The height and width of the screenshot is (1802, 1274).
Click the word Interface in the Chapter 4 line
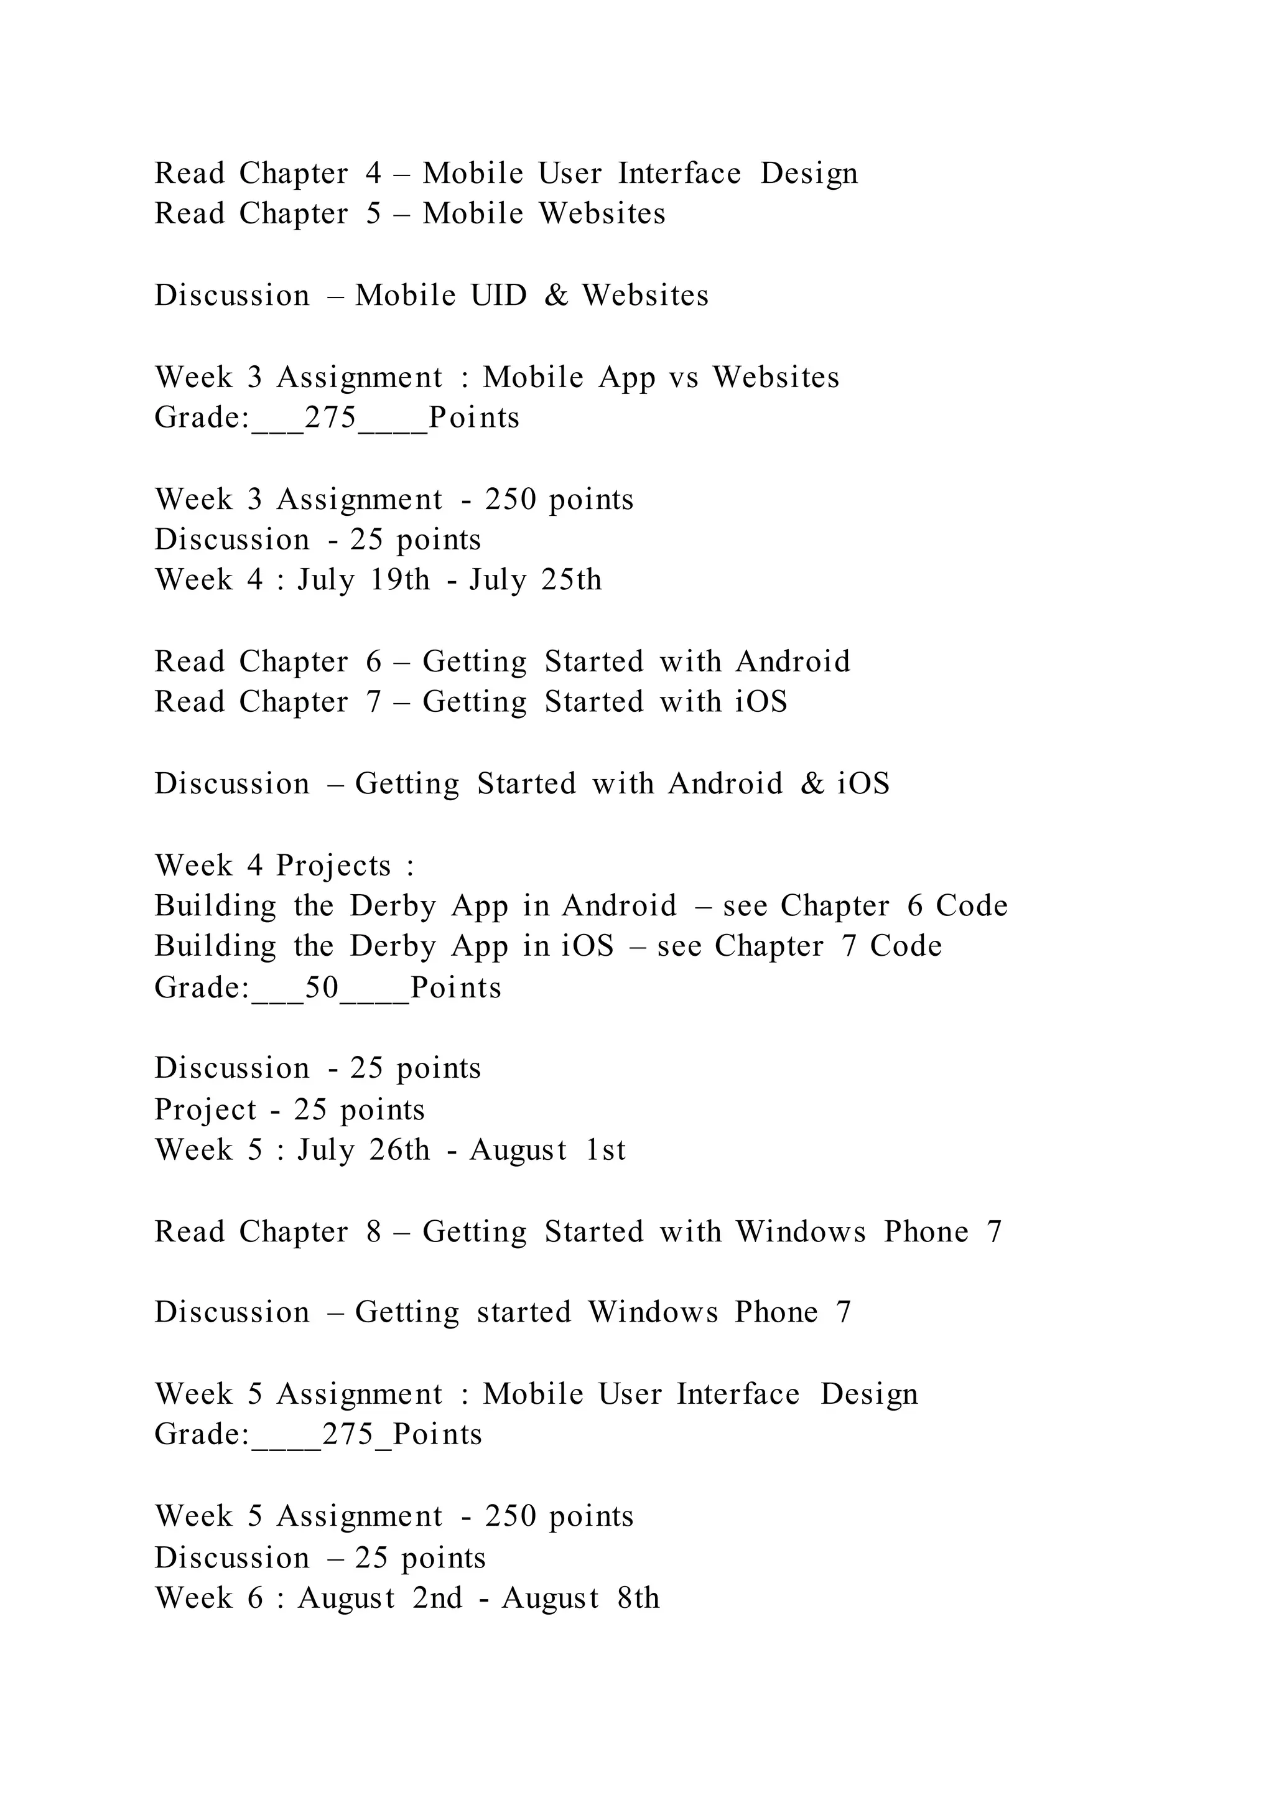click(x=679, y=174)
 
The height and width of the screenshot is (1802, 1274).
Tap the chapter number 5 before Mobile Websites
click(x=373, y=213)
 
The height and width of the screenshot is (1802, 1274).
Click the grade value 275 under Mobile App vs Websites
click(x=330, y=418)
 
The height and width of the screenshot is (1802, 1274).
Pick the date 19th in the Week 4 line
click(x=399, y=580)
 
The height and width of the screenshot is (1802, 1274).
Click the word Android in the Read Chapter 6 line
click(x=793, y=661)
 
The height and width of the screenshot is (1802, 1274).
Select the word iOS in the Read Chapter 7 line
click(x=761, y=702)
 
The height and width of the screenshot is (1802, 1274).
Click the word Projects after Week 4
click(x=333, y=866)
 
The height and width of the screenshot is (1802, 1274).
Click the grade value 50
click(x=322, y=987)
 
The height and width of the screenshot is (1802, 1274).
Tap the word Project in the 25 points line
click(x=205, y=1110)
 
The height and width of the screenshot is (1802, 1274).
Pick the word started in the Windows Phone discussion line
click(x=524, y=1312)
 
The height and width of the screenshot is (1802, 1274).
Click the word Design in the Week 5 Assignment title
click(x=868, y=1394)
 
